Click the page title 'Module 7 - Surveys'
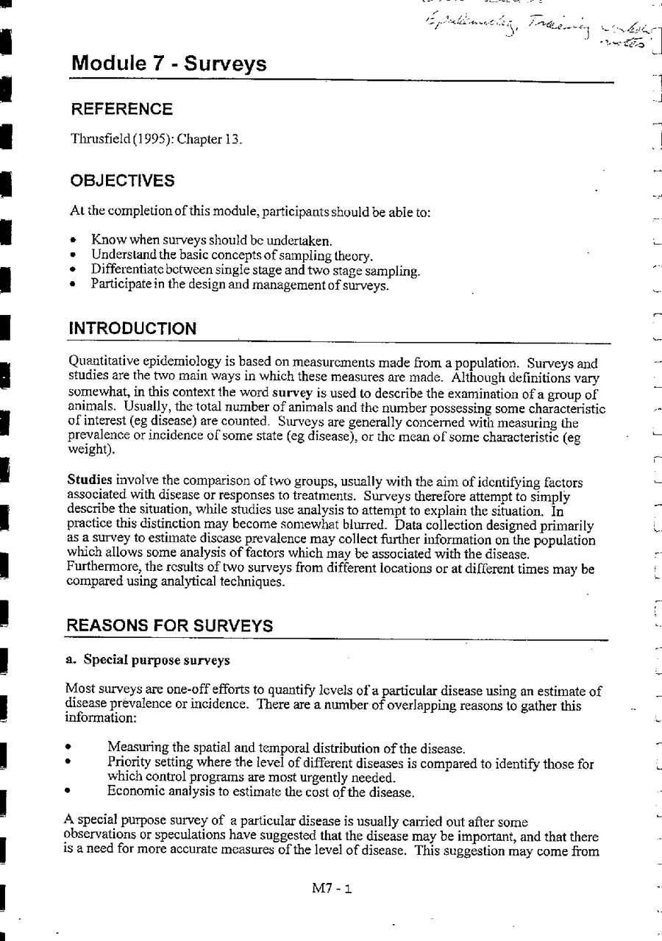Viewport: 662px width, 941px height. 168,64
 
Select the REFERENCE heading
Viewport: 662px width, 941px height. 121,110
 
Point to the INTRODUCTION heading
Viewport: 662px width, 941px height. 132,330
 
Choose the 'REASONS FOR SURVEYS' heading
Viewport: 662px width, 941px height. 170,625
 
